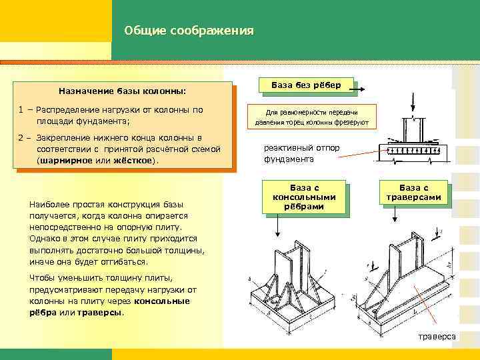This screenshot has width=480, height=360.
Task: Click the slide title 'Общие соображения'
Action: (189, 31)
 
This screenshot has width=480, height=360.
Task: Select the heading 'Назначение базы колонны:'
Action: (122, 90)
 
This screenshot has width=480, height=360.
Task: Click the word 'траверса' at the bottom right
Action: (437, 337)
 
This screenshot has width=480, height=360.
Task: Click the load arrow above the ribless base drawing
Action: (415, 105)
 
